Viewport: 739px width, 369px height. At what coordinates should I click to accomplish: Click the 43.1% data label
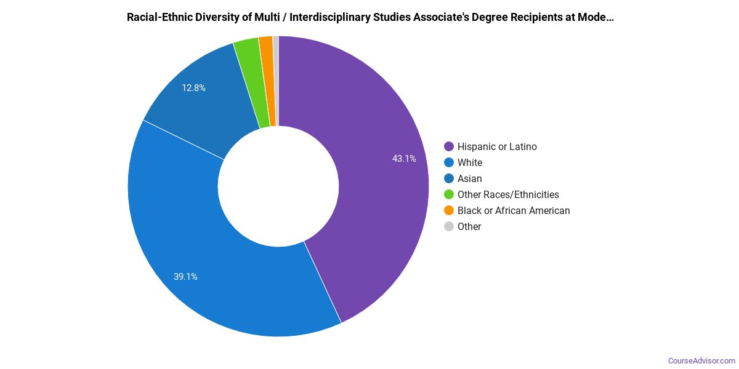tap(404, 159)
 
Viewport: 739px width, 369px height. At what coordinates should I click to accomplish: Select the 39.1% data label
tap(185, 277)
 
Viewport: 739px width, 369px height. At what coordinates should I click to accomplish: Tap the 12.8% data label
tap(193, 88)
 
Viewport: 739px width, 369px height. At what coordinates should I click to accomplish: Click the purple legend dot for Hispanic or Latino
tap(449, 146)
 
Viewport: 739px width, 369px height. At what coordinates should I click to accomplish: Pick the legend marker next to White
tap(449, 162)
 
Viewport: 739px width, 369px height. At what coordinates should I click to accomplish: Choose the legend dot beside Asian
tap(449, 178)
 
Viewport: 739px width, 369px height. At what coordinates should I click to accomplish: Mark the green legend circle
tap(449, 194)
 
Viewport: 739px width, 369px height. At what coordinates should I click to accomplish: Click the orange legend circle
tap(449, 210)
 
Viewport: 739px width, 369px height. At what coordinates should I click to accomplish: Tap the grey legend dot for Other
tap(449, 226)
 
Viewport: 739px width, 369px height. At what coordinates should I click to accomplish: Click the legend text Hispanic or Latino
tap(497, 146)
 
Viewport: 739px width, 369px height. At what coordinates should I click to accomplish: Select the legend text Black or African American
tap(514, 210)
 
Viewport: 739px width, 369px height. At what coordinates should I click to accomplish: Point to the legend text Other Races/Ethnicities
tap(508, 194)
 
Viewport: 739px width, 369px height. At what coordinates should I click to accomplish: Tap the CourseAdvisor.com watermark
tap(701, 360)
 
